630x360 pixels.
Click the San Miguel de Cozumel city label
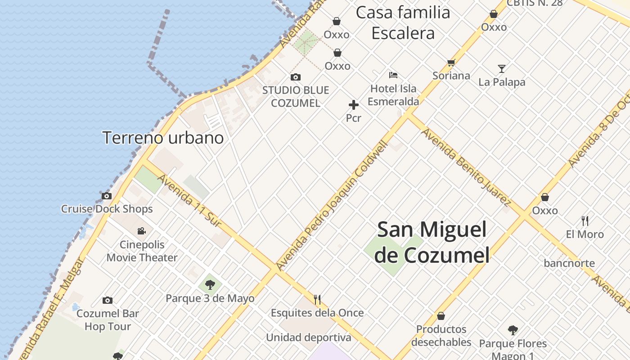(432, 242)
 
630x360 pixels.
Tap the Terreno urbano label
(163, 138)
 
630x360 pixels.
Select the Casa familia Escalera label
(403, 23)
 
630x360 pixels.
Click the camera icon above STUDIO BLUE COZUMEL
(296, 77)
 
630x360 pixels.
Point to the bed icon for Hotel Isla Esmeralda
(393, 75)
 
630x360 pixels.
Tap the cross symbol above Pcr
(354, 105)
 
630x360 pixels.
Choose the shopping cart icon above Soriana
(451, 63)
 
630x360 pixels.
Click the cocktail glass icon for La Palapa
(502, 69)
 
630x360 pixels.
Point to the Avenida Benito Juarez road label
(466, 166)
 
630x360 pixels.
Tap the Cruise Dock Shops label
(107, 209)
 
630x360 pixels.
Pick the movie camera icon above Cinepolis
(142, 231)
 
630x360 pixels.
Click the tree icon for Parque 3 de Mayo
(210, 284)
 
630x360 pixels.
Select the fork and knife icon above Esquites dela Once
(317, 299)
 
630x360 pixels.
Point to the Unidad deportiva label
(309, 337)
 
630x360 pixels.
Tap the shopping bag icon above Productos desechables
(441, 316)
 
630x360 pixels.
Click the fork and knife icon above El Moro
(585, 220)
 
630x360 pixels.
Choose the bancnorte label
(569, 263)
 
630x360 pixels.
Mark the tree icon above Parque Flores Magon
(513, 330)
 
